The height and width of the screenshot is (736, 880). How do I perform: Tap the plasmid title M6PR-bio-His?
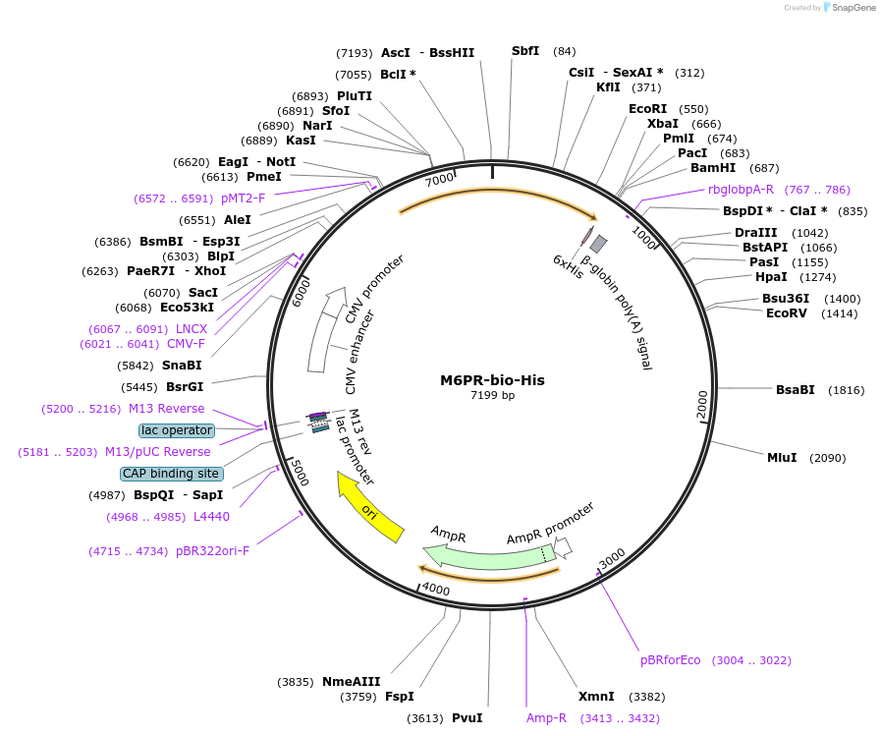coord(492,380)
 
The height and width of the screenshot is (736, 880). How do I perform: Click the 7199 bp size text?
coord(492,396)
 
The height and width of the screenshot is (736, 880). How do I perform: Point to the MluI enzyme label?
coord(782,457)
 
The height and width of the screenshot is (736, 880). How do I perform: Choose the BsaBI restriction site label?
coord(795,390)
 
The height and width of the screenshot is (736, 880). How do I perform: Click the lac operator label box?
coord(177,430)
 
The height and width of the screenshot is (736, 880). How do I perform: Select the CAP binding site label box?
coord(171,474)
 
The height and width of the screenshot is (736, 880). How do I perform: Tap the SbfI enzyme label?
coord(525,51)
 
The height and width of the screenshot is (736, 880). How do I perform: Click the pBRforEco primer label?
coord(671,660)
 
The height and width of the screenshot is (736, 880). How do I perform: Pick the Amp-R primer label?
coord(546,718)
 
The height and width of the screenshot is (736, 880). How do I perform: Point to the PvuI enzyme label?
coord(467,718)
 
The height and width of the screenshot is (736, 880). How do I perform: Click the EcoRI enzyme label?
coord(647,109)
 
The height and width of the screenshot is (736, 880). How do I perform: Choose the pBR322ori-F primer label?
coord(212,551)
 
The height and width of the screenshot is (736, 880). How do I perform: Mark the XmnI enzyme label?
coord(596,697)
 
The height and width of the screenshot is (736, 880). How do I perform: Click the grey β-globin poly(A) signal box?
coord(598,244)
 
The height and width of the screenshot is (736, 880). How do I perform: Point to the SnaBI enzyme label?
coord(182,365)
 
